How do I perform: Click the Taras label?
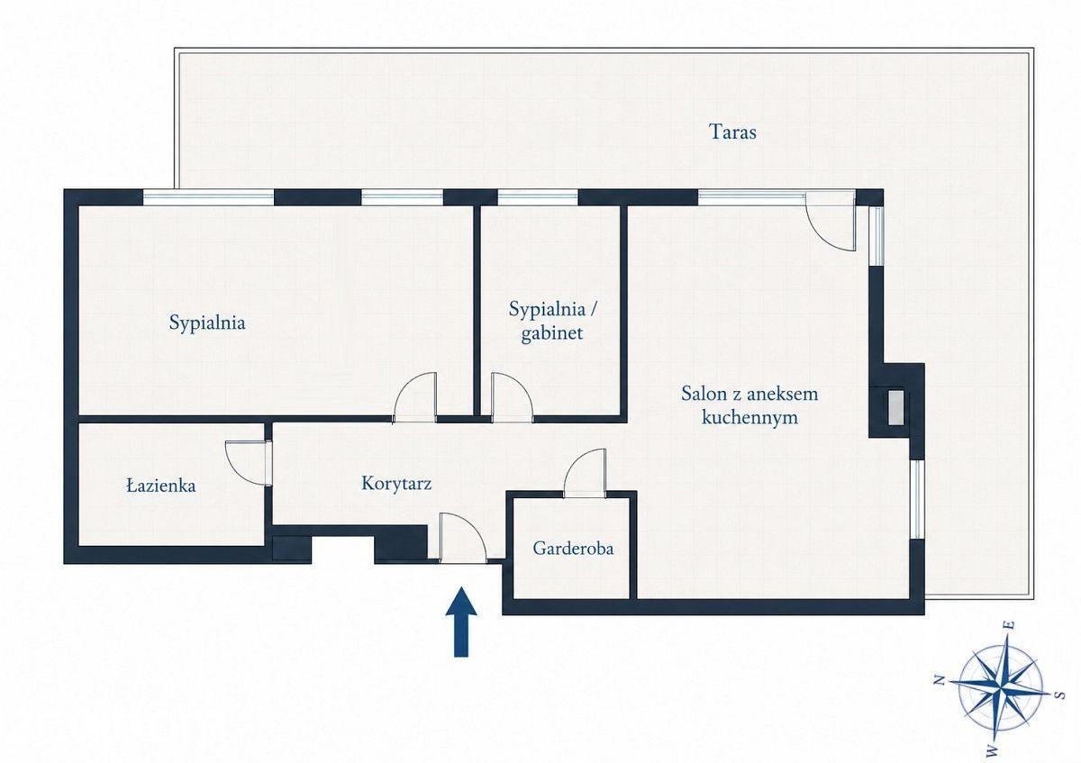point(732,132)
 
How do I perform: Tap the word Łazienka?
point(161,486)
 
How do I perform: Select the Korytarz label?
point(396,484)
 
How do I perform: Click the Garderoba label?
point(573,549)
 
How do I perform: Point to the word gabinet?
point(552,333)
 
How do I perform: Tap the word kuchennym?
point(749,417)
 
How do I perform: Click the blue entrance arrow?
point(461,622)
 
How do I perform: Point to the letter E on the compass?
point(1008,624)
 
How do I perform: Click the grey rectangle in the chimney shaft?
point(895,408)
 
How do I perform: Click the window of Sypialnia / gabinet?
point(538,197)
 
